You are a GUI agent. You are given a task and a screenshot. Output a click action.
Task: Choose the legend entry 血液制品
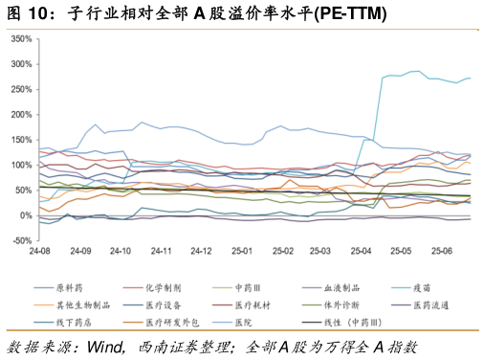341,287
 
